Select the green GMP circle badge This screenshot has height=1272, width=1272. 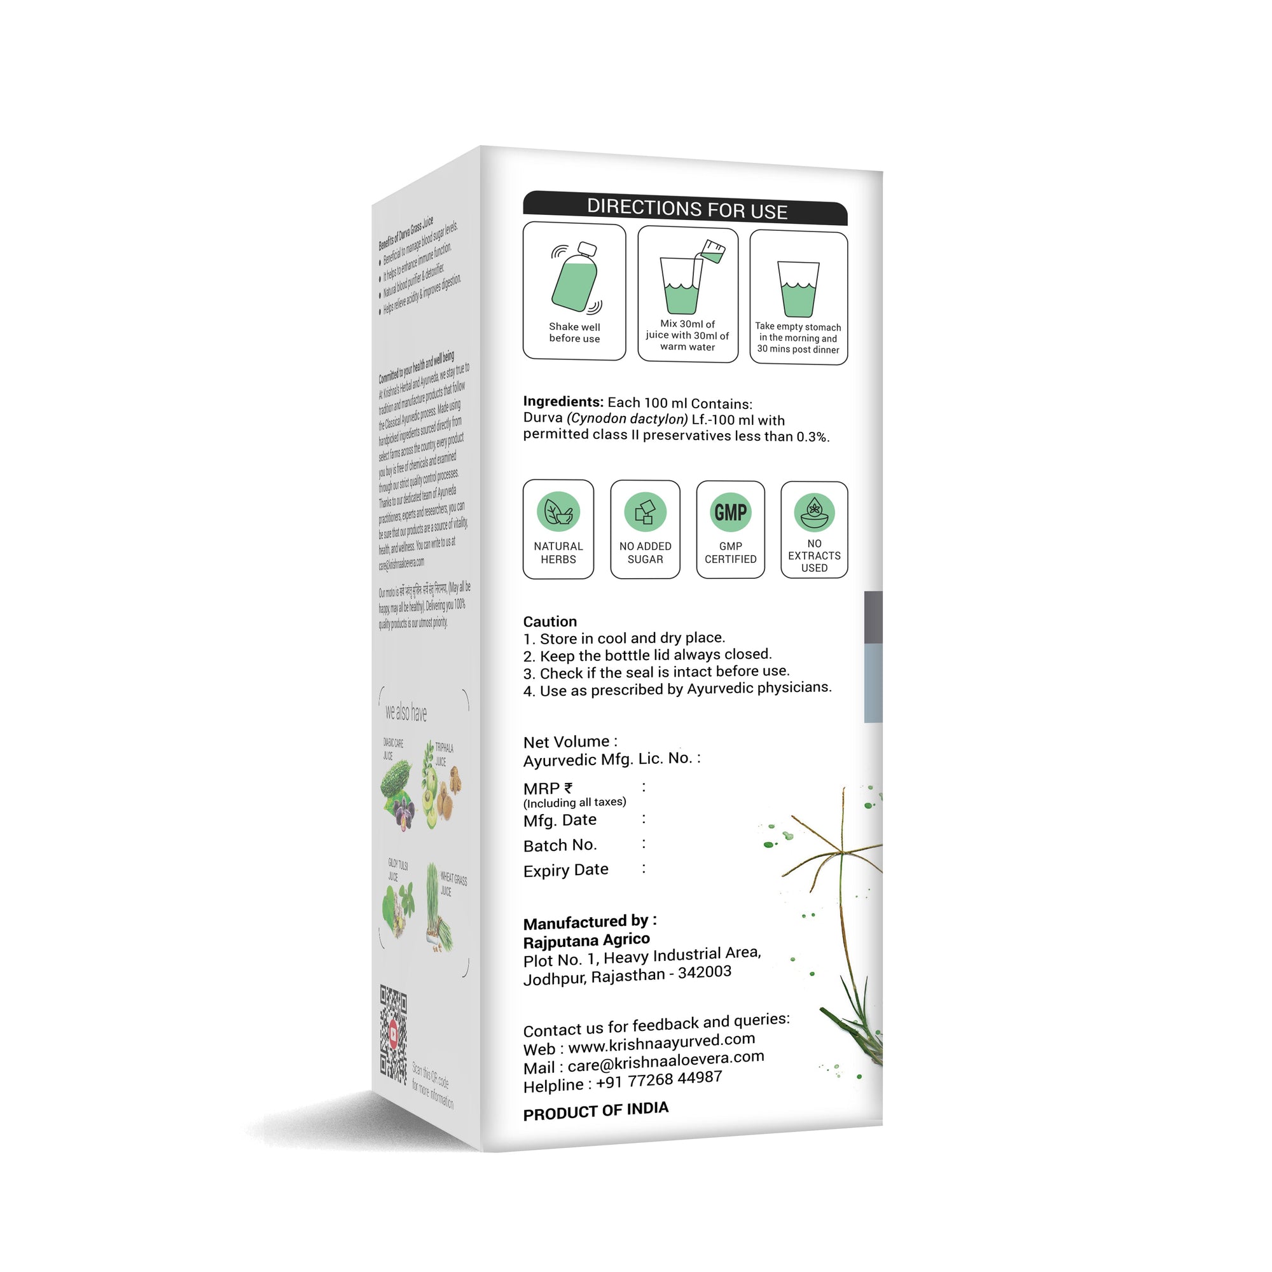point(730,512)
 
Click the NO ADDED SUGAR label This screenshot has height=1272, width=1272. point(644,553)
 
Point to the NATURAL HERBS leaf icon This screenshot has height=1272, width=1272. point(558,511)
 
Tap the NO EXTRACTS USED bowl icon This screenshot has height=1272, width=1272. point(814,513)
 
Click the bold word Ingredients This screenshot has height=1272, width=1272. point(563,401)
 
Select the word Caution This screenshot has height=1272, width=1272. point(550,621)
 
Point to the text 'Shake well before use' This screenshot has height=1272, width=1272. point(574,333)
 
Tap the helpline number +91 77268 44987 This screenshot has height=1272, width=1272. point(658,1081)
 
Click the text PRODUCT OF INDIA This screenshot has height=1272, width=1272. point(595,1111)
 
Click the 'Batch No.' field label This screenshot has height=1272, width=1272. point(560,845)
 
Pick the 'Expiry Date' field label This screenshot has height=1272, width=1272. point(565,871)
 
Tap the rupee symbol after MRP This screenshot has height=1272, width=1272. point(568,787)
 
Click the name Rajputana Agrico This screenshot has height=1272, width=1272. point(586,940)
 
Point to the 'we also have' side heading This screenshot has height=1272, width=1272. point(406,712)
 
